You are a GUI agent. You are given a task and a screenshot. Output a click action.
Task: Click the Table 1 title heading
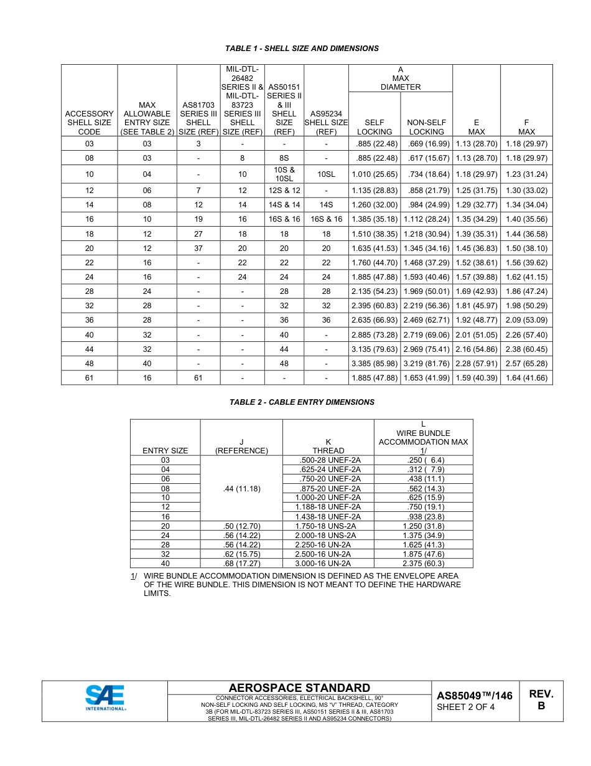(302, 49)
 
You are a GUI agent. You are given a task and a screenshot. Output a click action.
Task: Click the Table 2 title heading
(302, 402)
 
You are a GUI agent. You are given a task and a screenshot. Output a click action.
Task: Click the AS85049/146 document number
(474, 696)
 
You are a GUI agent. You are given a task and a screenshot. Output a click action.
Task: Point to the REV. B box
(541, 700)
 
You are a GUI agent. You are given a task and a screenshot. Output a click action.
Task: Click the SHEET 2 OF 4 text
(465, 707)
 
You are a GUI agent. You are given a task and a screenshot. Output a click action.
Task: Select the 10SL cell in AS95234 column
(326, 174)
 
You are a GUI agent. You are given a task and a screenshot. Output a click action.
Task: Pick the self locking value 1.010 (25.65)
(375, 174)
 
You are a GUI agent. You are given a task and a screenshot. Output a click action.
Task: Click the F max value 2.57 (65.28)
(526, 363)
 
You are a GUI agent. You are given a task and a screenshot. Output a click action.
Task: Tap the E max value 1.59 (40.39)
(477, 378)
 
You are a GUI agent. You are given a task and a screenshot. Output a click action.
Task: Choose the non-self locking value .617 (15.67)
(426, 158)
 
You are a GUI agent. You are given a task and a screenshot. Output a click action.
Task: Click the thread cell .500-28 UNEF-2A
(328, 460)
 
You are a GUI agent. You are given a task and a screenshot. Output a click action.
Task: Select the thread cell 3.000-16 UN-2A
(328, 564)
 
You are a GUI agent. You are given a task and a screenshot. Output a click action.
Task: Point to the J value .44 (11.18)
(241, 489)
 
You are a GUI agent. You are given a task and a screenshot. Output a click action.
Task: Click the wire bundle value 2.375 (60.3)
(423, 564)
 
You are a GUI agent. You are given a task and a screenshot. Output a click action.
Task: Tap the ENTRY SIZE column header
(165, 450)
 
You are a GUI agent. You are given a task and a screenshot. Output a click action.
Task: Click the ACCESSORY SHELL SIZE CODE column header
(89, 123)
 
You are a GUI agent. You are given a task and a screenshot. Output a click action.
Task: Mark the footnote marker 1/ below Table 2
(134, 576)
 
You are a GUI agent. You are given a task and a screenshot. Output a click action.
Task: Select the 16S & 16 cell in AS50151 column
(284, 219)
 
